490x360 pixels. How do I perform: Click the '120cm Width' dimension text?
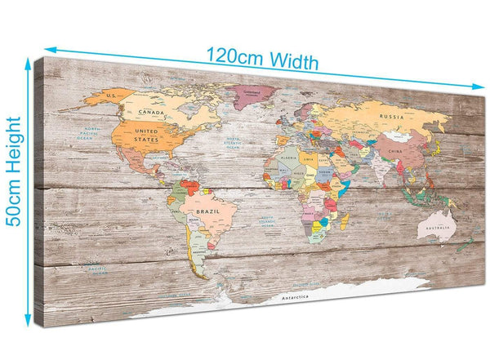pyautogui.click(x=261, y=59)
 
